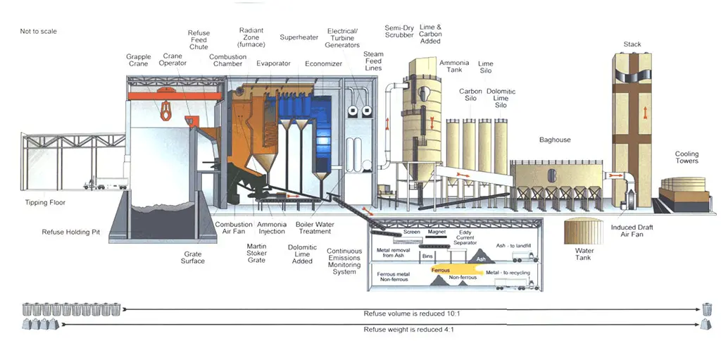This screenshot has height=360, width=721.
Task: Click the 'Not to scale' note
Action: click(38, 32)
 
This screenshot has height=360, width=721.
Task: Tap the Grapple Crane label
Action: click(138, 60)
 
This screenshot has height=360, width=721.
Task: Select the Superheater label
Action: click(299, 37)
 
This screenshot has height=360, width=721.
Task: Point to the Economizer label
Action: click(323, 63)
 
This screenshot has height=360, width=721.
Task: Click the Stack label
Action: click(632, 44)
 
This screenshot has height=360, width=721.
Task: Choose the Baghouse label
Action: click(555, 140)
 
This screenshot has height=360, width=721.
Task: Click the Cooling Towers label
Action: click(686, 157)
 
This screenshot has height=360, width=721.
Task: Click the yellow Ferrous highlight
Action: click(450, 269)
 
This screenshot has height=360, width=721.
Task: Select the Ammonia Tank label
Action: click(454, 66)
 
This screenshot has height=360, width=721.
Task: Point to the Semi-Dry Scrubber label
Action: click(399, 32)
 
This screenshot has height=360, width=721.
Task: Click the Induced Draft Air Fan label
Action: click(632, 231)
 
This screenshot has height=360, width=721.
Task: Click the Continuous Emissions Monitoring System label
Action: click(344, 261)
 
